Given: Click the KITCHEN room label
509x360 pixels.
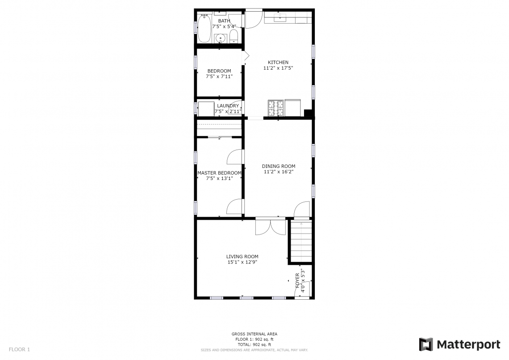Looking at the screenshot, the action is [x=278, y=63].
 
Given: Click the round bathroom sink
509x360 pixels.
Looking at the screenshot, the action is [x=221, y=38].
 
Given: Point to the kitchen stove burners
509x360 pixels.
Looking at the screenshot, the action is [x=275, y=108].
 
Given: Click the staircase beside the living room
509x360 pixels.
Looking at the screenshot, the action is [x=301, y=241].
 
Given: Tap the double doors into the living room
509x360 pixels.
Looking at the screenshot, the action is [x=271, y=226].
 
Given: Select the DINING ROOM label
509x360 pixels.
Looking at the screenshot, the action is [x=279, y=166].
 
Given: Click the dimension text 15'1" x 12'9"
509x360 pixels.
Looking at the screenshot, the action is [x=242, y=262].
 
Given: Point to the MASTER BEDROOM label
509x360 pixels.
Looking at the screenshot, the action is [x=219, y=173].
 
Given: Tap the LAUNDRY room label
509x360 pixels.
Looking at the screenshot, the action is [x=228, y=106].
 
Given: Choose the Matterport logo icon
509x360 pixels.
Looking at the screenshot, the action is [x=426, y=344].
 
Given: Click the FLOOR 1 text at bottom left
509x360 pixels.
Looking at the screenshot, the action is [x=19, y=350].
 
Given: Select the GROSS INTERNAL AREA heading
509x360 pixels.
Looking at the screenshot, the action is [x=254, y=334].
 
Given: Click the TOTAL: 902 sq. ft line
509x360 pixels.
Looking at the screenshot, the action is [x=254, y=345].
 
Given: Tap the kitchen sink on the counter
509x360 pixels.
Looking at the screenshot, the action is [x=279, y=18].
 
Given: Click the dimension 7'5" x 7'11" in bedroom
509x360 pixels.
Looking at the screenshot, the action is [x=219, y=77].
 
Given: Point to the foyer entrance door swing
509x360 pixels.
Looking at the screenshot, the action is [x=302, y=289].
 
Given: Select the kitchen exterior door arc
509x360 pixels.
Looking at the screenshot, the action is [x=254, y=20].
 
